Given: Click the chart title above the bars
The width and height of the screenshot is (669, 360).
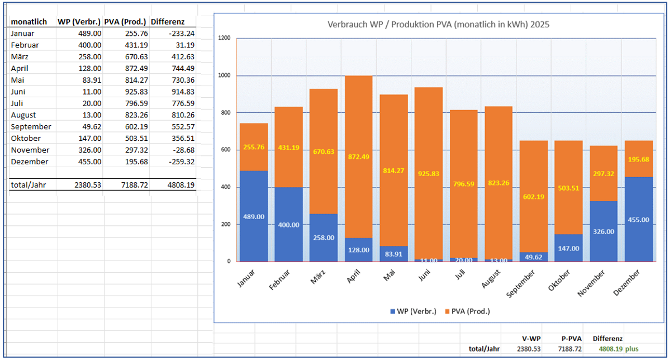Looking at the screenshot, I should tap(438, 25).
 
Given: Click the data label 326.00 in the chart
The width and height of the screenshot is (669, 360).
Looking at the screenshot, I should tap(604, 231).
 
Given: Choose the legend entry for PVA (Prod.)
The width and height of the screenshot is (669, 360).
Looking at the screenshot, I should tap(466, 311).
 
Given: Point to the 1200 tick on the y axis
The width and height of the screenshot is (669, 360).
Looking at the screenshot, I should tap(224, 38).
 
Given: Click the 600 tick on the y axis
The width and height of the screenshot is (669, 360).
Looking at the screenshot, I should tap(226, 150).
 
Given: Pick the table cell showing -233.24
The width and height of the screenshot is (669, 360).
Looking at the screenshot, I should tap(182, 34).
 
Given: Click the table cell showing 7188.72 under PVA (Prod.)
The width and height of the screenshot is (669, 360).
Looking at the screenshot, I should tap(135, 184).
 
